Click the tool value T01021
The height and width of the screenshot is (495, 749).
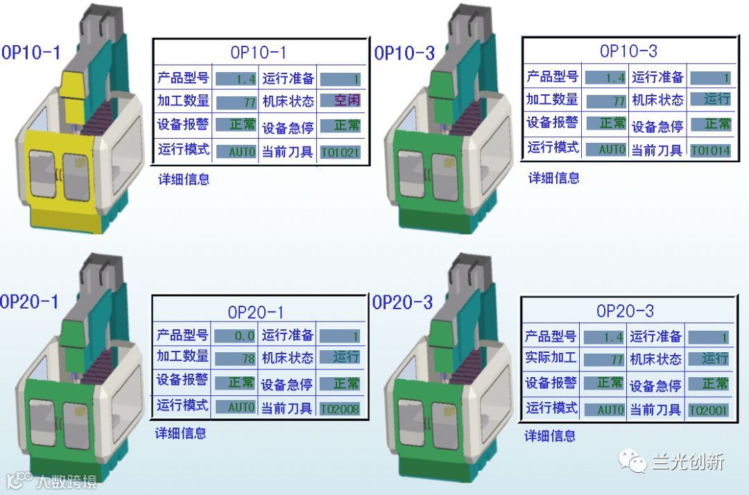click(x=340, y=153)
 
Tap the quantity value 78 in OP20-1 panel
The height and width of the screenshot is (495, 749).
click(x=235, y=359)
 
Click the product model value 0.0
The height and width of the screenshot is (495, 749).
click(x=235, y=336)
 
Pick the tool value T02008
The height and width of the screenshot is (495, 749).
click(x=340, y=409)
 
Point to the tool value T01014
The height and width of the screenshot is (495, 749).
click(x=709, y=150)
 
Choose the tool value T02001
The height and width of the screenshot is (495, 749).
click(x=708, y=411)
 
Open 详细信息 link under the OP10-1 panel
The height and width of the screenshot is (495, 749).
click(x=184, y=179)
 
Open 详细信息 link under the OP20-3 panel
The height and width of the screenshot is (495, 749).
click(x=550, y=435)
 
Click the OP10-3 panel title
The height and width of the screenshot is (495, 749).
click(x=628, y=51)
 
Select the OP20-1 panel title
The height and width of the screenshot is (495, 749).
click(x=256, y=313)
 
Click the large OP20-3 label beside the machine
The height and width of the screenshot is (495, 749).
click(x=402, y=302)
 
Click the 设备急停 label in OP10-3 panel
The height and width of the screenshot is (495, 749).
click(x=657, y=126)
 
